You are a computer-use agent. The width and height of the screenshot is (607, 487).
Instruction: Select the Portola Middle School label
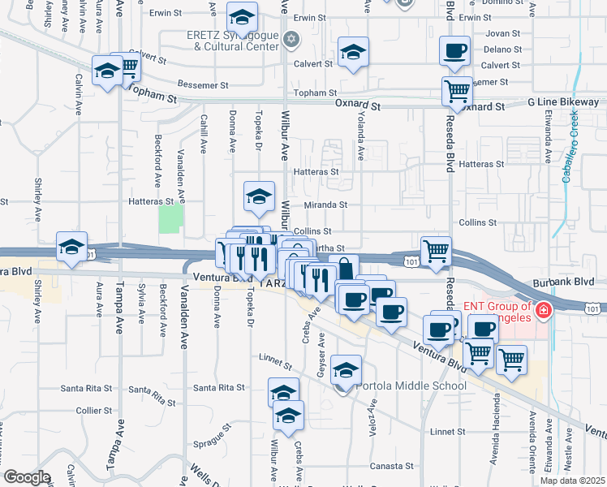pyautogui.click(x=409, y=385)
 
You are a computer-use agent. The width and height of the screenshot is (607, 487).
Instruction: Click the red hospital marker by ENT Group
pyautogui.click(x=542, y=310)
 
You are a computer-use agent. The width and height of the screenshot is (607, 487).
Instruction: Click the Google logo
pyautogui.click(x=27, y=477)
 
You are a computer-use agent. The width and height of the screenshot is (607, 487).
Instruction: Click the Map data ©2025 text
pyautogui.click(x=572, y=481)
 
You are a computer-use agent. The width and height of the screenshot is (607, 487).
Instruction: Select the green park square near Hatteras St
pyautogui.click(x=170, y=218)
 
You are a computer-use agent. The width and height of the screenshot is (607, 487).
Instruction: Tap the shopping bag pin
pyautogui.click(x=344, y=267)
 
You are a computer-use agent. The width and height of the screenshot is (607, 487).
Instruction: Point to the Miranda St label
pyautogui.click(x=325, y=205)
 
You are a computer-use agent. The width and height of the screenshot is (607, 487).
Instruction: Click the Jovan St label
pyautogui.click(x=503, y=34)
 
